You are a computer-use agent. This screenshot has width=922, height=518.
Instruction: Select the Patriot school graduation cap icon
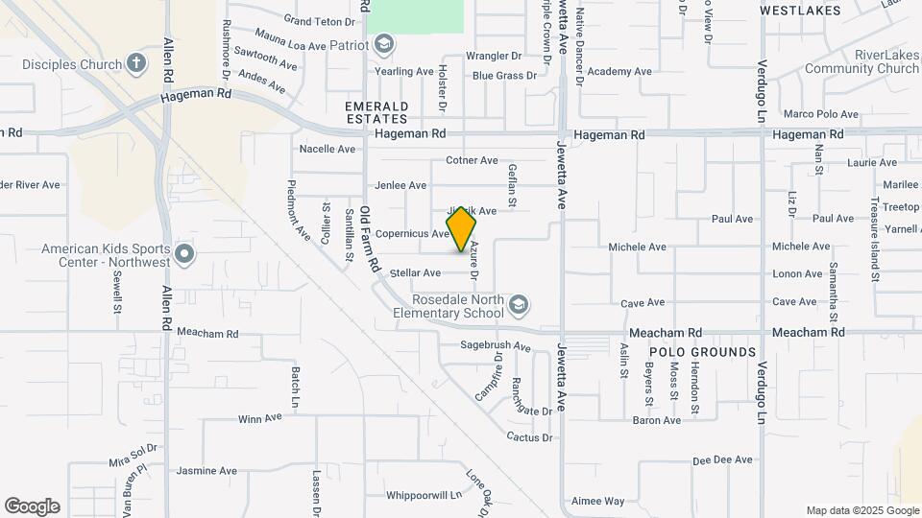click(384, 44)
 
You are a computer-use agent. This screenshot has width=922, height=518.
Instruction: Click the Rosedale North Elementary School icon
click(519, 305)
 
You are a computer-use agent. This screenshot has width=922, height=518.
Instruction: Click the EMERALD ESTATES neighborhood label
click(377, 112)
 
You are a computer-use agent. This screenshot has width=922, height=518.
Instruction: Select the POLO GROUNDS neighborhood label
click(710, 352)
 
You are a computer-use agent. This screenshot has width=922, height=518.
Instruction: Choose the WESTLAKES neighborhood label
click(800, 11)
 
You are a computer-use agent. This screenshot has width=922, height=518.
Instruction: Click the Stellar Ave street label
click(415, 273)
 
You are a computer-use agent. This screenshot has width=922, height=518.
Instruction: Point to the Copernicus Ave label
click(412, 233)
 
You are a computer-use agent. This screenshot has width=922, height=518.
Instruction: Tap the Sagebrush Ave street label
click(496, 345)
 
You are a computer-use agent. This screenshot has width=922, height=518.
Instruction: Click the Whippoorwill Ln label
click(424, 495)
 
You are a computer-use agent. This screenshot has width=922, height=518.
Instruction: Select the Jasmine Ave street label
click(206, 471)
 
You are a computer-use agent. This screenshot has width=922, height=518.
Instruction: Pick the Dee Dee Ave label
click(722, 460)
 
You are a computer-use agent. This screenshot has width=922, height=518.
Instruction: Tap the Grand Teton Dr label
click(320, 21)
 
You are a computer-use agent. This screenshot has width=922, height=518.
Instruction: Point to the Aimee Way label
click(597, 501)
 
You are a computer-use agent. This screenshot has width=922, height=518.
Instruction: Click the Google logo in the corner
click(32, 506)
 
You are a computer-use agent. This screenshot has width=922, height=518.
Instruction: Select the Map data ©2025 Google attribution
click(862, 511)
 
